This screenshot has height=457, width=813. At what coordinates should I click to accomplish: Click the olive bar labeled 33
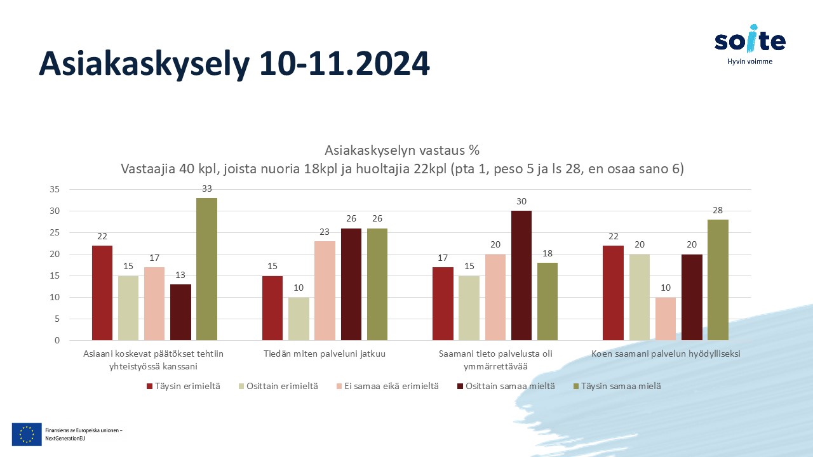point(206,269)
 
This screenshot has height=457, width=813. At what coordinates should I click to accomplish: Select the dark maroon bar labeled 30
point(521,275)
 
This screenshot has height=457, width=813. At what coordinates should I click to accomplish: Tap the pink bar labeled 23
point(325,291)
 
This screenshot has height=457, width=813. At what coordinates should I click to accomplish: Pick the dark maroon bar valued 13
point(180,312)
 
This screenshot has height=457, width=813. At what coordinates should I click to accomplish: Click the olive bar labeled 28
point(718,280)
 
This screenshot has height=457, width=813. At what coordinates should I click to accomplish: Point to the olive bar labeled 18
point(548,301)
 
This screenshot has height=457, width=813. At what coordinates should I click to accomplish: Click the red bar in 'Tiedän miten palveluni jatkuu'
point(272,308)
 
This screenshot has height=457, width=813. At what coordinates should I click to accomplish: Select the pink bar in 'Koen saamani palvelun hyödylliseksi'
point(666,319)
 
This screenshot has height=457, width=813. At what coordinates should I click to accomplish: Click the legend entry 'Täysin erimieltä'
point(184,387)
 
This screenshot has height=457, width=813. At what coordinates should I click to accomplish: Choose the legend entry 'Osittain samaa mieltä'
point(506,387)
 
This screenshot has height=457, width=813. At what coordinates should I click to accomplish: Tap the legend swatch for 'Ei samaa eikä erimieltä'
point(339,387)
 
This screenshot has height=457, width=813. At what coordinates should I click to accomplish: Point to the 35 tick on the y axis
point(55,189)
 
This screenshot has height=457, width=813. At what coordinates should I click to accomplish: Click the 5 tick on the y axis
point(57,319)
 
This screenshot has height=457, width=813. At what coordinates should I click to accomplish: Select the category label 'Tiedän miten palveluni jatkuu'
point(325,354)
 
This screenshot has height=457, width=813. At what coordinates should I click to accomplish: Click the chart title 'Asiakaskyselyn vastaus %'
point(402,150)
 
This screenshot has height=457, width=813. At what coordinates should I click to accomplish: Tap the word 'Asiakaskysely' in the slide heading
point(144,64)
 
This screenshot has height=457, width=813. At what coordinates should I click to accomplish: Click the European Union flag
point(27,434)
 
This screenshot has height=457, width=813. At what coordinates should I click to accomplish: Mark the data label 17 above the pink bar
point(154,258)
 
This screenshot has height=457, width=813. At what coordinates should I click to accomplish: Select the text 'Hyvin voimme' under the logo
point(750,62)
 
